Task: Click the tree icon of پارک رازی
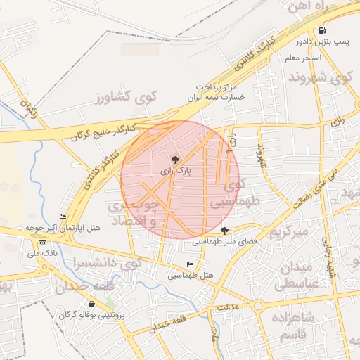176,160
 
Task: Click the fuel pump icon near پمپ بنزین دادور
322,31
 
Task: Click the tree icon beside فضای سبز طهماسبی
224,231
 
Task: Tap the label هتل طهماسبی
191,276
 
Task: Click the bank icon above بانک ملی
42,243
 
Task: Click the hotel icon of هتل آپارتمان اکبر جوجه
63,217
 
